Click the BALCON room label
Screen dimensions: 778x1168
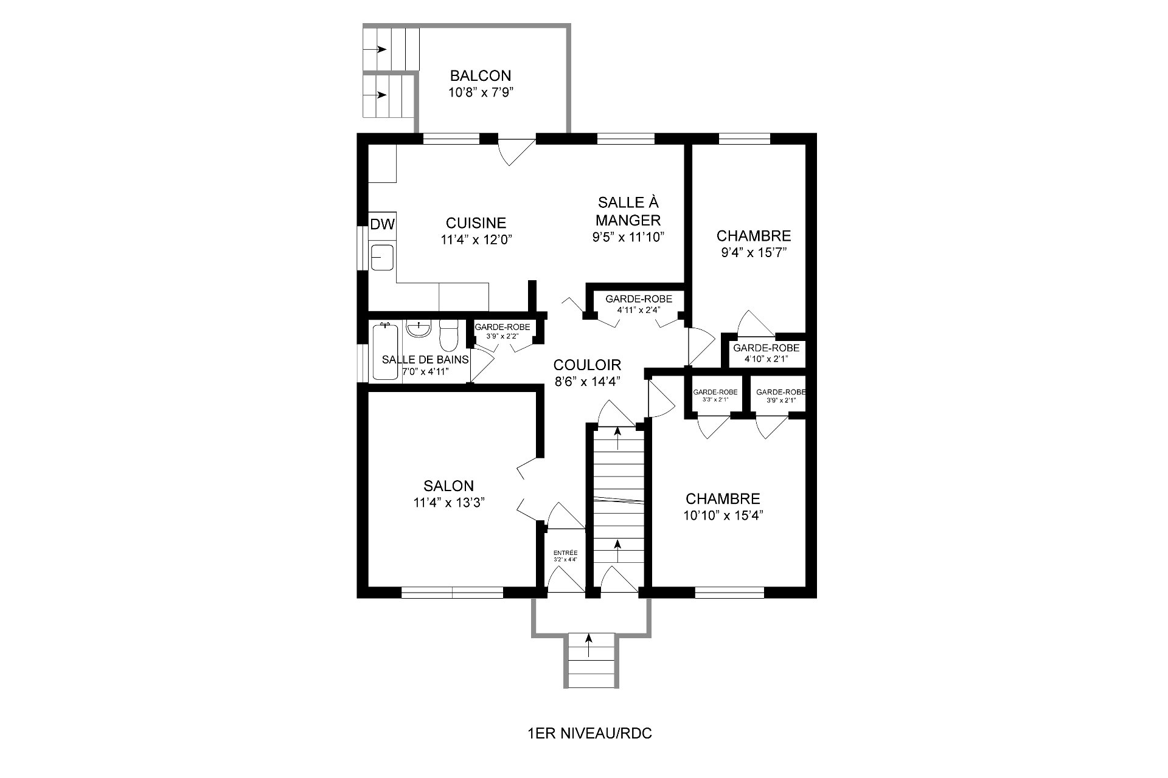coord(480,76)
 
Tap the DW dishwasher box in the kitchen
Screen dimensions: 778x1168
coord(383,224)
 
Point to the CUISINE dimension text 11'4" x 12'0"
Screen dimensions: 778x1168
coord(477,239)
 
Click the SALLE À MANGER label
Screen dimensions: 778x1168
coord(628,210)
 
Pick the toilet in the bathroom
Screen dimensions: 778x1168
coord(448,336)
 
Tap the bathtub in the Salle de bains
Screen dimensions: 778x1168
coord(384,353)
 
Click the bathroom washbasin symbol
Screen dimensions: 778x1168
coord(419,329)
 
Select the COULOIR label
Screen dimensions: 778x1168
coord(587,365)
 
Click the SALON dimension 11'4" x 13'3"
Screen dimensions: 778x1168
coord(449,502)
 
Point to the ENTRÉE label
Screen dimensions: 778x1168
coord(565,553)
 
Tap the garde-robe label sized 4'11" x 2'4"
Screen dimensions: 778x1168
coord(638,298)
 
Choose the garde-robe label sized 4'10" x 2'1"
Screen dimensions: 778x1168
coord(766,348)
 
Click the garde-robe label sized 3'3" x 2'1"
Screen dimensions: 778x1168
coord(715,392)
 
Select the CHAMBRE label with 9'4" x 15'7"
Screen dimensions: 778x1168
coord(753,236)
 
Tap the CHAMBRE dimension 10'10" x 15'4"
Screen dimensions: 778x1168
coord(723,515)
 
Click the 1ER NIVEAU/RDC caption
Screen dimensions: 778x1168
coord(589,734)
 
